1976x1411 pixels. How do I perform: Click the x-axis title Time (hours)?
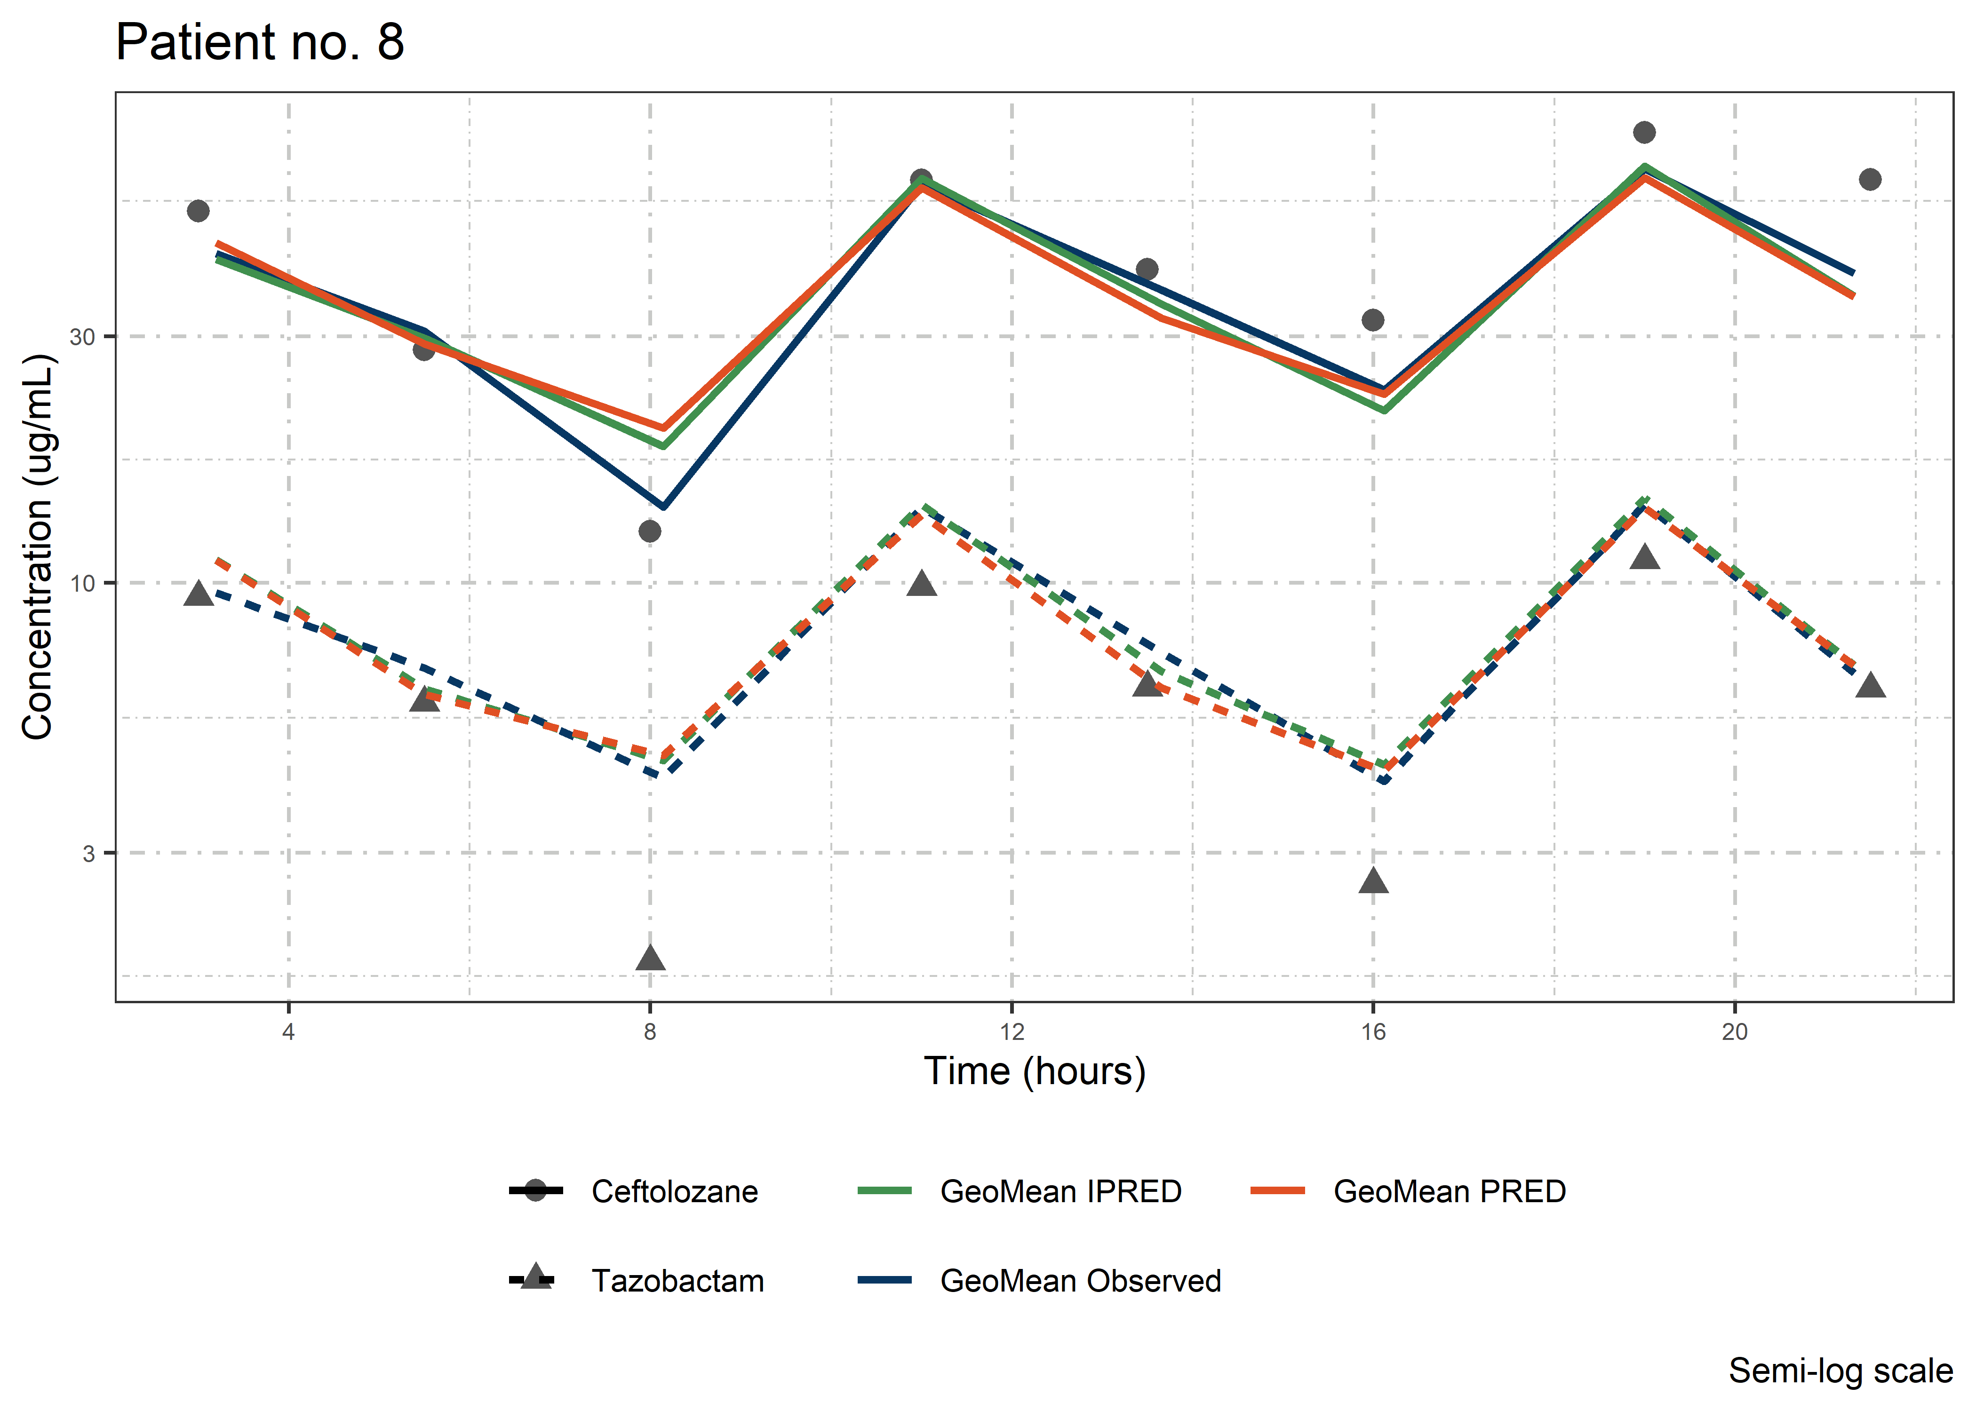point(1034,1071)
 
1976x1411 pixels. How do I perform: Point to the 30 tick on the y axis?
point(82,337)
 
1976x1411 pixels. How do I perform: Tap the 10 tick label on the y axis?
point(82,583)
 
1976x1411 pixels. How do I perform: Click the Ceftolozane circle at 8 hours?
point(650,531)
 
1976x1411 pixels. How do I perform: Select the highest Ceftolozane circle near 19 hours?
point(1644,132)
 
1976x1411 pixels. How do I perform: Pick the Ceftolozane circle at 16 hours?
point(1373,320)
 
